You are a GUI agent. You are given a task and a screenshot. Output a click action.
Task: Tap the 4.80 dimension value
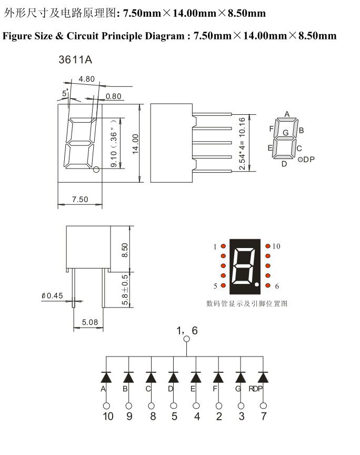coord(86,79)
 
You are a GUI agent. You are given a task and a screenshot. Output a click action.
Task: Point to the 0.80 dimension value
coord(114,96)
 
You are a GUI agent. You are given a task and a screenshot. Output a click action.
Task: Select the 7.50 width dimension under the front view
coord(79,199)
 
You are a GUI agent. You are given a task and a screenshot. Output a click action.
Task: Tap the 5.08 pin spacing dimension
coord(90,322)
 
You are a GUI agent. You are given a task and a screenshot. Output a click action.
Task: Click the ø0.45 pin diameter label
coord(52,296)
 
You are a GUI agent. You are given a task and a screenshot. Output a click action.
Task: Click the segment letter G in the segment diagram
coord(285,133)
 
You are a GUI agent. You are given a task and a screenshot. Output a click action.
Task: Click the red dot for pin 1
coord(223,246)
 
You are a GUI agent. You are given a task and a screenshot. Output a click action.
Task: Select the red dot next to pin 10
coord(268,246)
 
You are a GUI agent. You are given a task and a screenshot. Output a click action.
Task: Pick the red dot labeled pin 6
coord(268,285)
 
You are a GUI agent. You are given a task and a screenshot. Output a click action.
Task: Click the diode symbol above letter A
coord(106,377)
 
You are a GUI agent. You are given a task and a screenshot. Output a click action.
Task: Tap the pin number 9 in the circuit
coord(128,417)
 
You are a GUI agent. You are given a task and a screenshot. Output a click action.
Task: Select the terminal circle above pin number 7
coord(263,405)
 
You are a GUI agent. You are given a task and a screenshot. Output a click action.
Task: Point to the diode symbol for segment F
coord(218,377)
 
